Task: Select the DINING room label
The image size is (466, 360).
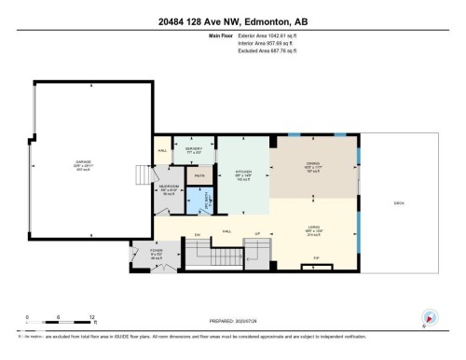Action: coord(312,164)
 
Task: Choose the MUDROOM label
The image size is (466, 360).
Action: coord(170,187)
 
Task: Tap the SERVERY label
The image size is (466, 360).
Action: coord(193,148)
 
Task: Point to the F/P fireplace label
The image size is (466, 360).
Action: coord(316,257)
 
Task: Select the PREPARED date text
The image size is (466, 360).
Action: coord(233,325)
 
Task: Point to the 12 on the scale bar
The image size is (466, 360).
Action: coord(91,318)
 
